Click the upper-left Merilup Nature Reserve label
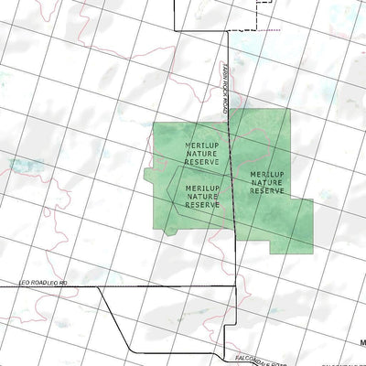coord(201,154)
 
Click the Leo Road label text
coord(43,285)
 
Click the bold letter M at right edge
coord(362,344)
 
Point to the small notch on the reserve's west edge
coord(148,173)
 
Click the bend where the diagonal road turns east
coord(131,350)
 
